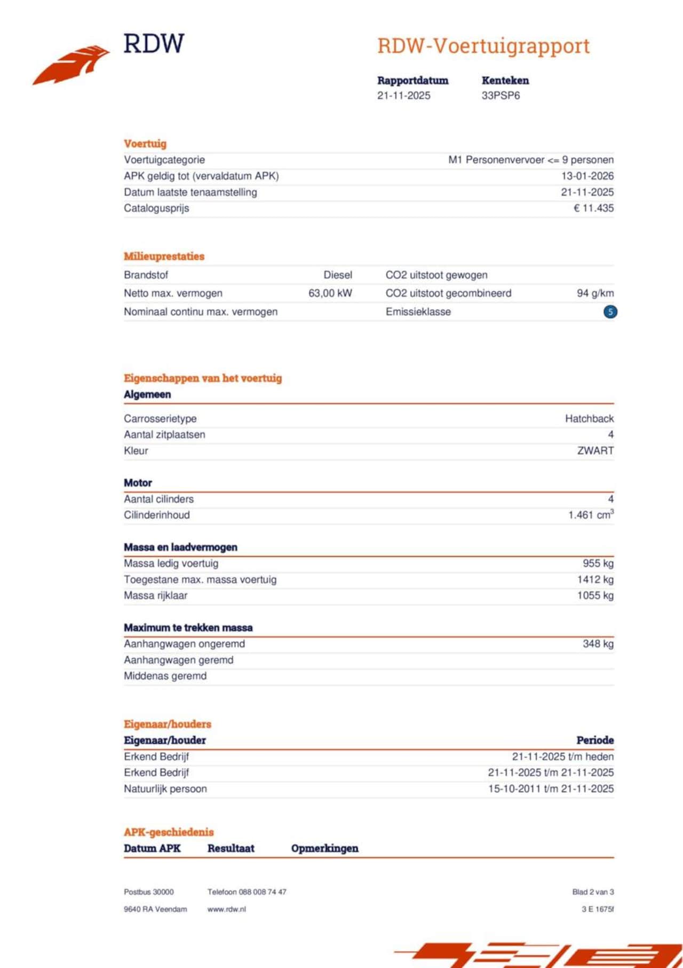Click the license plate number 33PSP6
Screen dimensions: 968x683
(501, 96)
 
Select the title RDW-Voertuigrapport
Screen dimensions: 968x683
(483, 46)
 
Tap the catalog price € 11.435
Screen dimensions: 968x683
(593, 208)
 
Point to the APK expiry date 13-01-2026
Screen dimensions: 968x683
(587, 176)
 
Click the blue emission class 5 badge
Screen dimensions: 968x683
(610, 312)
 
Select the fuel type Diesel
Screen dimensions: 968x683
(338, 275)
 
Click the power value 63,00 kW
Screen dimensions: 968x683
(330, 293)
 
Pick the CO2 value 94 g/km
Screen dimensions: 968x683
(595, 293)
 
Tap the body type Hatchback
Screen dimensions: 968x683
(589, 419)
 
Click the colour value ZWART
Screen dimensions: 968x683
(595, 451)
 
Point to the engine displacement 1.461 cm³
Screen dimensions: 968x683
(591, 515)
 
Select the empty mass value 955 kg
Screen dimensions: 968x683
(598, 564)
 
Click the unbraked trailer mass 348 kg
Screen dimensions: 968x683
(598, 644)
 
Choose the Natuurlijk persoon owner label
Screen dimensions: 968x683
(165, 789)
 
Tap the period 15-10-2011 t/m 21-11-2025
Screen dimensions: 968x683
(551, 789)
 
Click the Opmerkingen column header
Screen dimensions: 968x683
(324, 848)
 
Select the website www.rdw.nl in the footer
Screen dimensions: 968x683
(227, 909)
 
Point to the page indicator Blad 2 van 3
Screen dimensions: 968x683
(593, 892)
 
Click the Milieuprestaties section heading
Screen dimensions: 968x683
(164, 256)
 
